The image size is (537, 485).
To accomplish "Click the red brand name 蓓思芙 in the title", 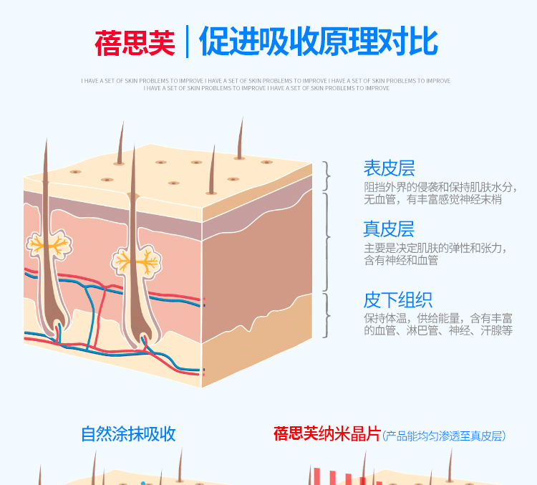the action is click(x=135, y=42).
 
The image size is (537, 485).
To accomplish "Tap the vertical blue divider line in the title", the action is click(x=187, y=42).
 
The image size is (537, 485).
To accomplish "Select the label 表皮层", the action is click(x=389, y=168).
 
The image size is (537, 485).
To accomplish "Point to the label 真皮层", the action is click(x=389, y=229).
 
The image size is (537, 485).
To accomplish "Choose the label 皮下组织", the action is click(x=398, y=299).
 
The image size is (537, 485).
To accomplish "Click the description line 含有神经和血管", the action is click(x=401, y=260).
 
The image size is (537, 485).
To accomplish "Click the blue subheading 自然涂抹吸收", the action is click(x=128, y=434).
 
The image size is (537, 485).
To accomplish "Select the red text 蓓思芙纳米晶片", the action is click(x=327, y=434).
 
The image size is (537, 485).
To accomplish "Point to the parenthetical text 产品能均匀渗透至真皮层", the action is click(x=444, y=436).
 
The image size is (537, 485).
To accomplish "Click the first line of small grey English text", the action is click(x=266, y=81).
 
